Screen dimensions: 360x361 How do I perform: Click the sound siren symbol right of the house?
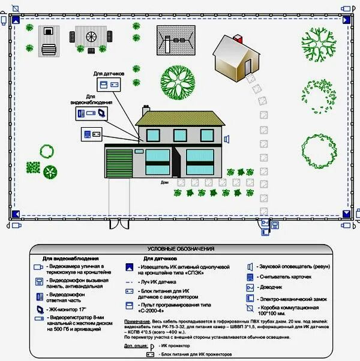point(227,139)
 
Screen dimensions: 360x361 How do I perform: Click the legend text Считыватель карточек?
point(284,277)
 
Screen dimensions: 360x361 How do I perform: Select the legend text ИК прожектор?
point(174,347)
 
